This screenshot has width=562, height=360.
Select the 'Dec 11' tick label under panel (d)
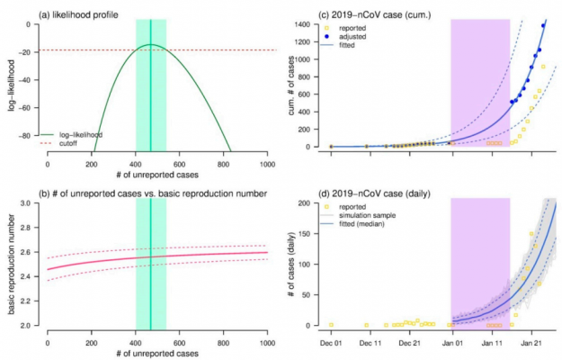(371, 343)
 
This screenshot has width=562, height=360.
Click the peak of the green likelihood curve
(151, 44)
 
